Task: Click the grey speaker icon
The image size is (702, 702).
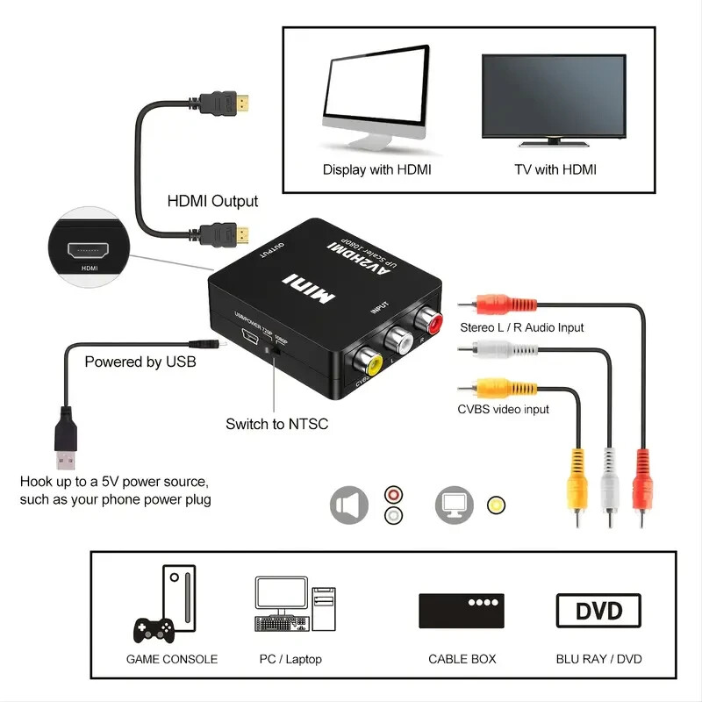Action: coord(348,505)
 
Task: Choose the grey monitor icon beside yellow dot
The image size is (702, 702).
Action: coord(454,505)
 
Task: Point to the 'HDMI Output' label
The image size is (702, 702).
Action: coord(212,201)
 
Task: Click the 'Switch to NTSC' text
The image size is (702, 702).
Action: coord(276,424)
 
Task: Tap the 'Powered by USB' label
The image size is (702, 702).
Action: coord(140,362)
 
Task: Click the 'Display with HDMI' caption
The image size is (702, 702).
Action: coord(376,169)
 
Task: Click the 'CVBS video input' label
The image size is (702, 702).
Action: coord(503,409)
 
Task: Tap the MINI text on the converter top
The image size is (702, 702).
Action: coord(308,289)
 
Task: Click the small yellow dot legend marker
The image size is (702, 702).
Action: coord(497,505)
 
